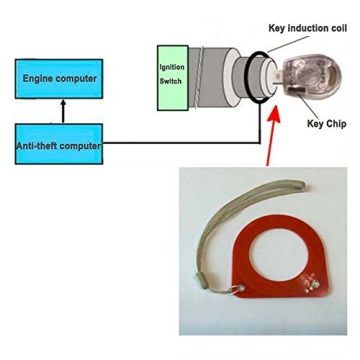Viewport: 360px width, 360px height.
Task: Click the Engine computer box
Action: [x=58, y=78]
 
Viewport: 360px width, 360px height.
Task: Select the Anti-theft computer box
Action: [x=58, y=145]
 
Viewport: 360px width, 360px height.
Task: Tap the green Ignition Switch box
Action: [x=172, y=75]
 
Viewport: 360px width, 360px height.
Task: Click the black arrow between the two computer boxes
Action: [x=60, y=111]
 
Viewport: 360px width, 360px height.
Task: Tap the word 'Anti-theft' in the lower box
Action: [x=38, y=146]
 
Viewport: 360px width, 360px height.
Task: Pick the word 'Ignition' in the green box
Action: [x=172, y=68]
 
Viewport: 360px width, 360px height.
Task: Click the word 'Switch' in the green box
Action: [x=170, y=81]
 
